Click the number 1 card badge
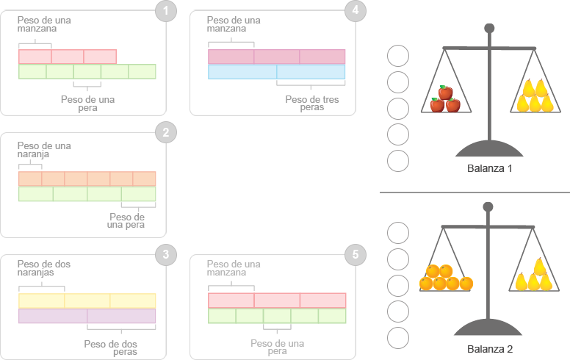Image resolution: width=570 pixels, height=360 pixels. pos(166,12)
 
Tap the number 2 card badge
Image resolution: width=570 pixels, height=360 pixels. pos(166,132)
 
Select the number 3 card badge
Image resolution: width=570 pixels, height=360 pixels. pos(166,255)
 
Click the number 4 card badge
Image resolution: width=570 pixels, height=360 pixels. pos(356,12)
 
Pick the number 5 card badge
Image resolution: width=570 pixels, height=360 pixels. pos(356,255)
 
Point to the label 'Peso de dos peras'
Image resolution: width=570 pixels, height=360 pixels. pos(110,348)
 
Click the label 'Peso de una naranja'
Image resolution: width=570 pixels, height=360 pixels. pos(44,150)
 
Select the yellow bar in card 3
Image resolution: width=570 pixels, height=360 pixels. pos(87,300)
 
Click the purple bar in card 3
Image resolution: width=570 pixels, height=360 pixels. pos(87,316)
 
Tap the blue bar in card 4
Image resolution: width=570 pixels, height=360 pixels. pos(276,71)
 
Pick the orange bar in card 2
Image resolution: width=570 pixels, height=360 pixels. pos(87,179)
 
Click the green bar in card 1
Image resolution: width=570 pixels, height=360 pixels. pos(87,71)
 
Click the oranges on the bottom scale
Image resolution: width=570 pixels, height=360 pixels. pos(445,278)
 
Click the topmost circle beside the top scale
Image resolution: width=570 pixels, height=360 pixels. pos(397,56)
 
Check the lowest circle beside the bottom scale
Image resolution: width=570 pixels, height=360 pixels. pos(397,338)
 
